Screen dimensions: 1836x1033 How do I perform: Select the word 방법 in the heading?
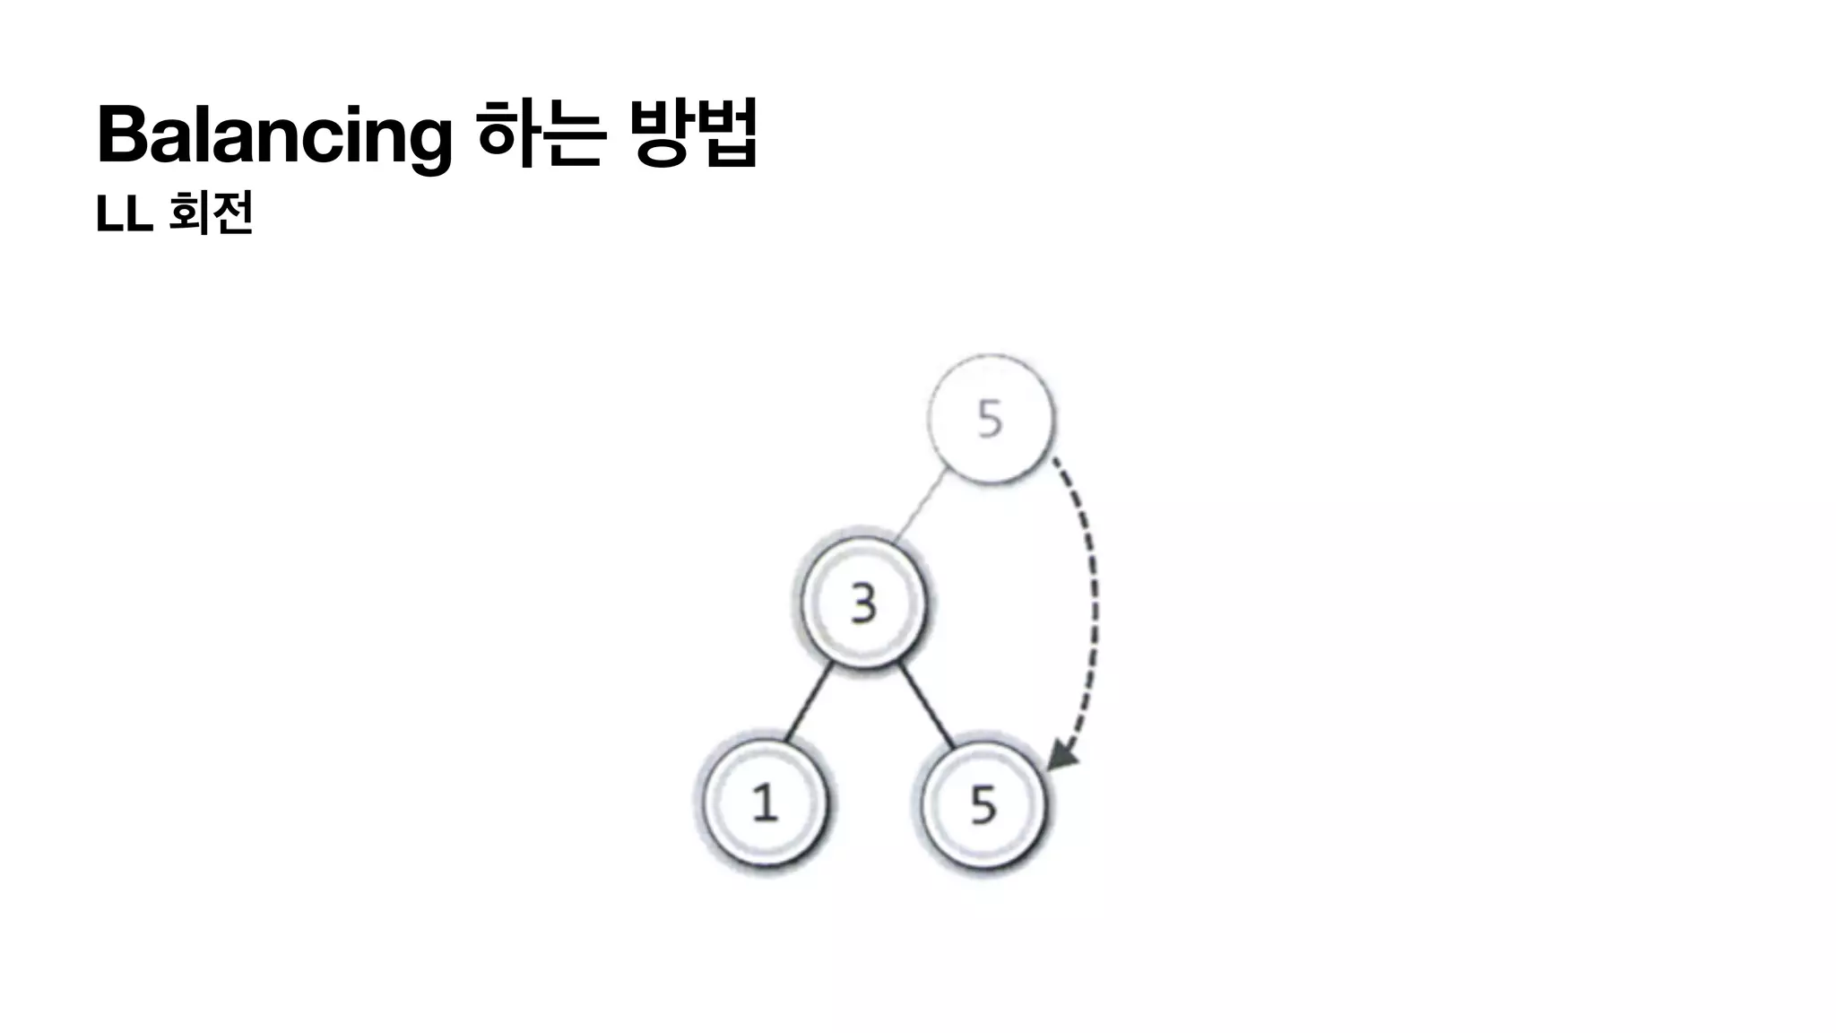[694, 135]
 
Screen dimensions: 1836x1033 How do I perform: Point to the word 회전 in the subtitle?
[212, 213]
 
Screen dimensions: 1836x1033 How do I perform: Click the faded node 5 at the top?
[990, 419]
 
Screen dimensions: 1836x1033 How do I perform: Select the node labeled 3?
[862, 603]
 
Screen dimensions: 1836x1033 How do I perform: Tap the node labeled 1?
[764, 802]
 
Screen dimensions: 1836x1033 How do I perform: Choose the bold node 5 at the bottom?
[983, 803]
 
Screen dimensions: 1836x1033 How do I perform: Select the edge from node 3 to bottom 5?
[927, 705]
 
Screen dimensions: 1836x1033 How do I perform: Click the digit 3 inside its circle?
[862, 603]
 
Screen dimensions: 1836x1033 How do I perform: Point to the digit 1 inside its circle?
[764, 803]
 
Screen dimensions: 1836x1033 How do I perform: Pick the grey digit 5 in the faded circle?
[990, 419]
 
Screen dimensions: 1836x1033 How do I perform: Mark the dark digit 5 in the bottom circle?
[983, 804]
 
